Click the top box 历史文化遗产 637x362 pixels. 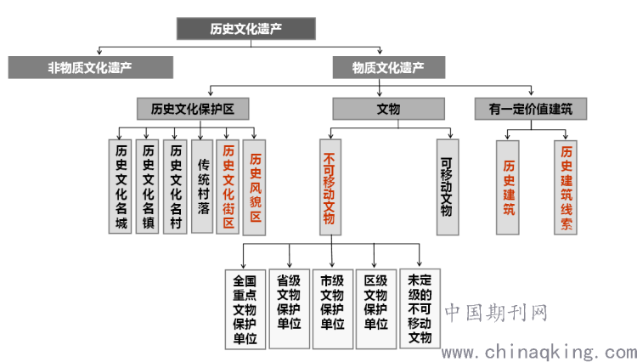(246, 28)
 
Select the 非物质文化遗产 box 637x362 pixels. (90, 67)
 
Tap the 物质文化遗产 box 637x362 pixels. (388, 67)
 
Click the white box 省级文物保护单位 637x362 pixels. (288, 307)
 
